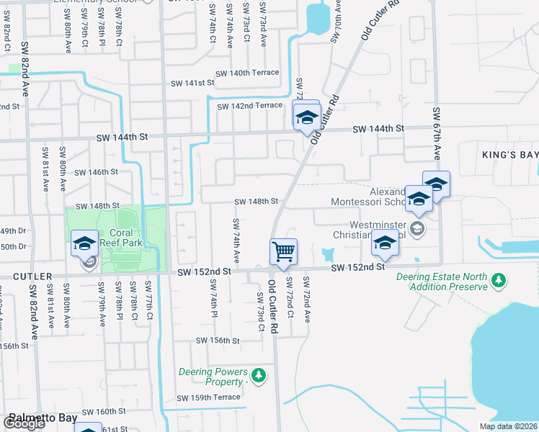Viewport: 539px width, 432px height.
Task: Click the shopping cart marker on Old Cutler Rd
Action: [x=284, y=251]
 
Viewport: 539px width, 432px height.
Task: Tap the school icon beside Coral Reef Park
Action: [x=85, y=244]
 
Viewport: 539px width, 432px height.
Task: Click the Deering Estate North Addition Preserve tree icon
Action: [x=498, y=280]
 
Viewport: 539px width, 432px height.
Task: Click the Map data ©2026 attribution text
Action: [x=507, y=426]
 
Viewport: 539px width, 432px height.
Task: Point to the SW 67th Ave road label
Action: [x=437, y=134]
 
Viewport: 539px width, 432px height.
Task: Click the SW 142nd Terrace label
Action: [x=249, y=106]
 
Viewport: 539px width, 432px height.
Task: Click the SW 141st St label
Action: [x=192, y=84]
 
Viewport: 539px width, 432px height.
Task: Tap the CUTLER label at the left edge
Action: [x=26, y=276]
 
